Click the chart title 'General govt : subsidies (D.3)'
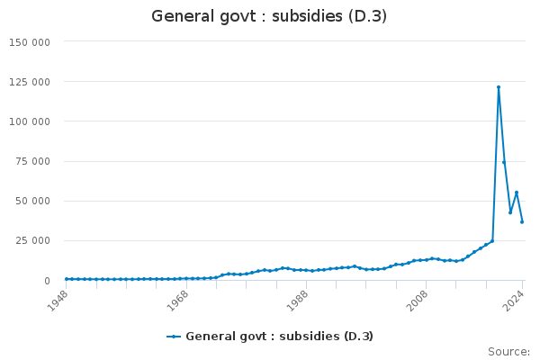[x=270, y=16]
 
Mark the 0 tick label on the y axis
[x=47, y=281]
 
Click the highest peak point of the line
[x=499, y=87]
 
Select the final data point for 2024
[x=522, y=221]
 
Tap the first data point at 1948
[x=66, y=279]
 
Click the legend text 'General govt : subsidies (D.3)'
[x=279, y=337]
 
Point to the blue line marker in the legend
[x=174, y=337]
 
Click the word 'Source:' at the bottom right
[x=508, y=351]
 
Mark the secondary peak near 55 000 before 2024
[x=517, y=193]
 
